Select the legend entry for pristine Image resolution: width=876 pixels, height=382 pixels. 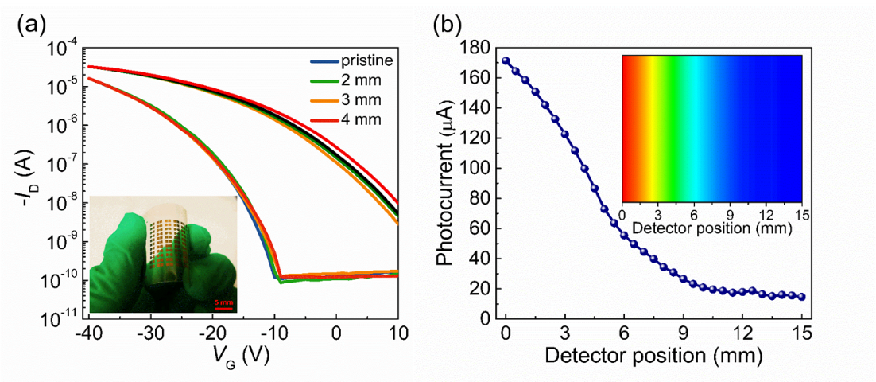tap(366, 61)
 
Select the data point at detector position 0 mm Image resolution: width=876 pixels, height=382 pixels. tap(506, 61)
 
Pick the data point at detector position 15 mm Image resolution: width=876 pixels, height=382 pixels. tap(801, 297)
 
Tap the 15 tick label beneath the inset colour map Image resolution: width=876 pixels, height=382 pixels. tap(801, 215)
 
